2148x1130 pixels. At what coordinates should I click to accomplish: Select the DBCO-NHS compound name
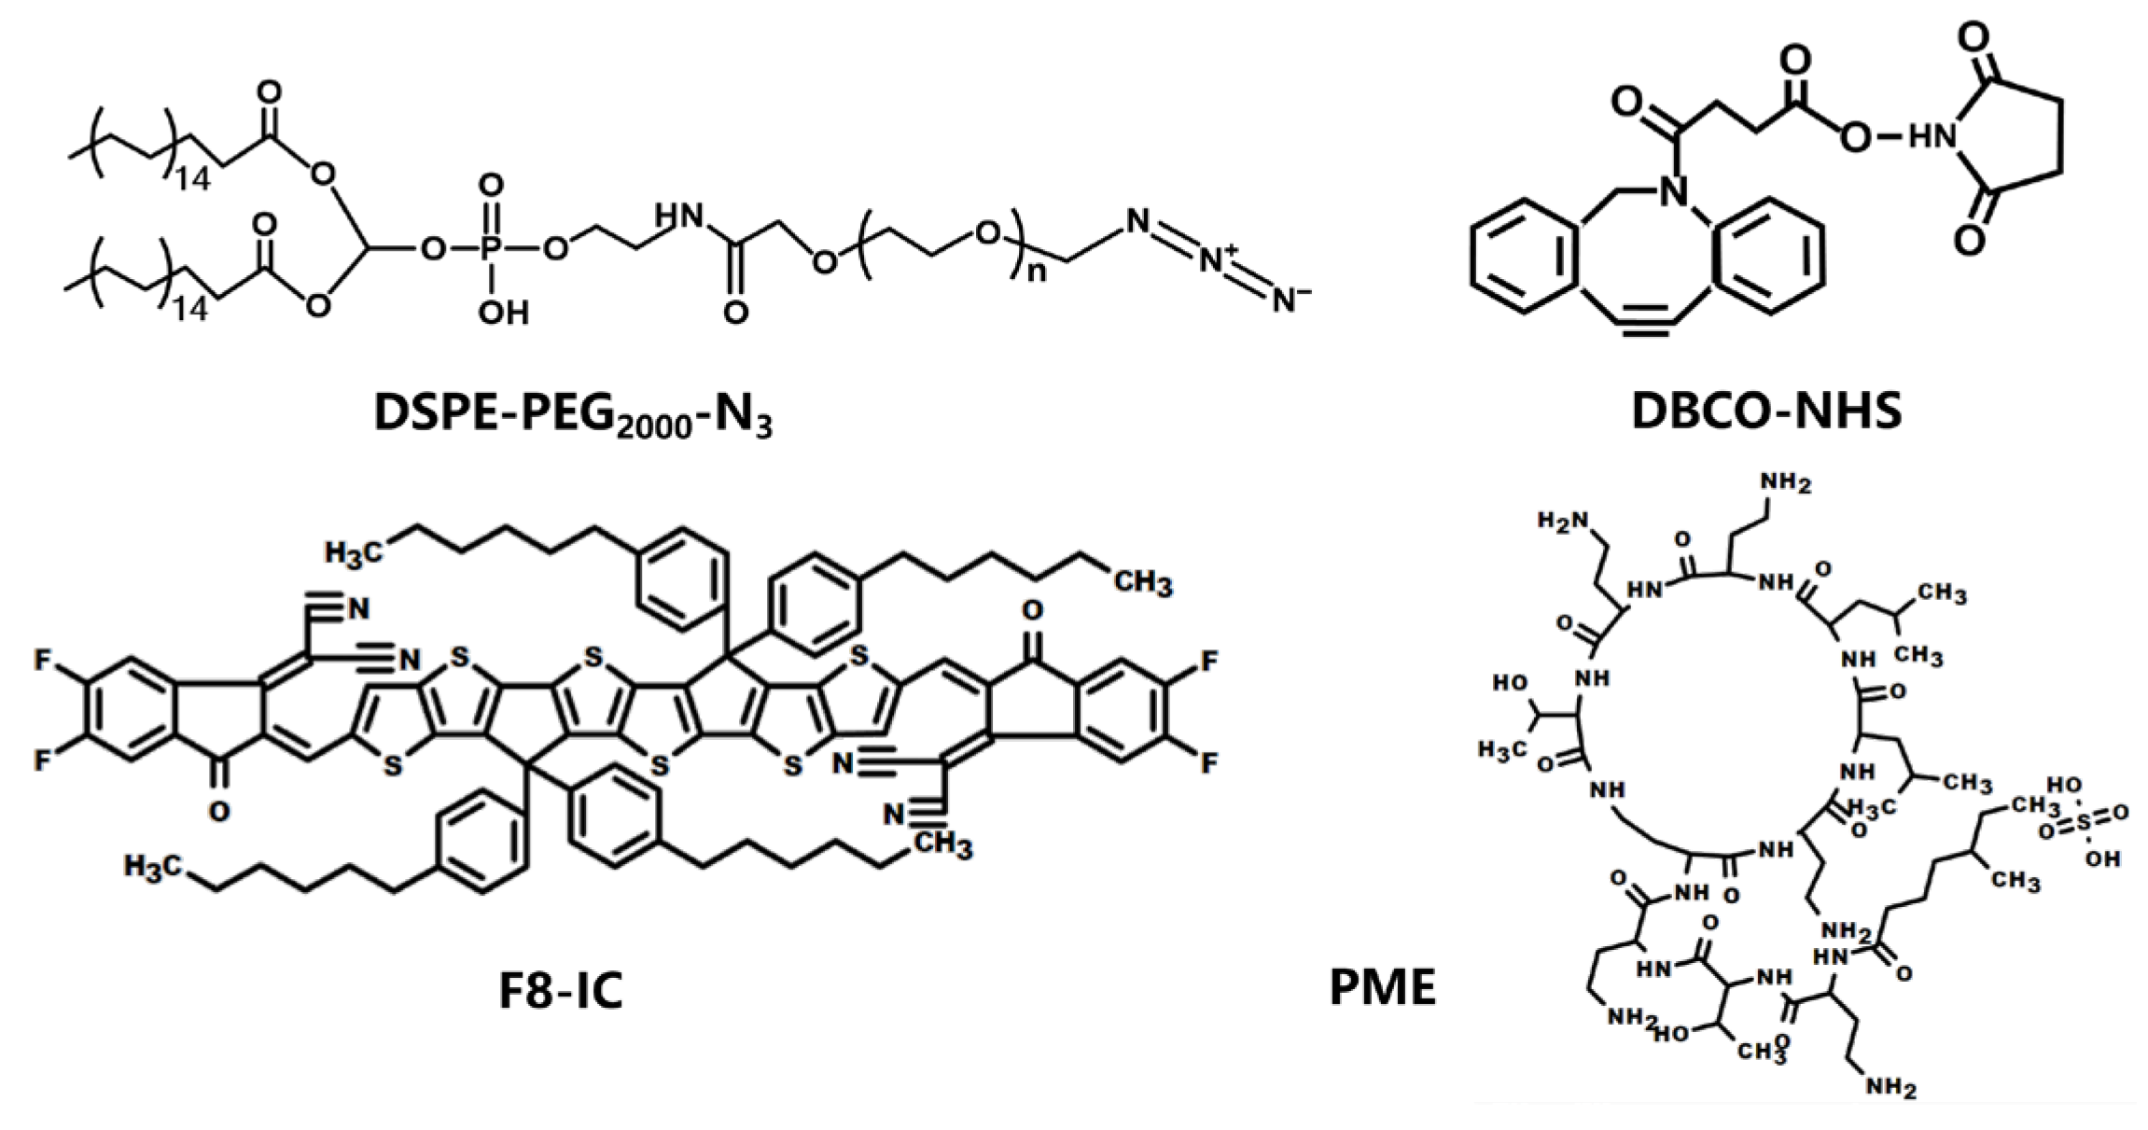[x=1766, y=411]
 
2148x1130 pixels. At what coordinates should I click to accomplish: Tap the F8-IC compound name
[x=561, y=990]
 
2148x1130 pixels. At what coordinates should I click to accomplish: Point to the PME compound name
[x=1382, y=987]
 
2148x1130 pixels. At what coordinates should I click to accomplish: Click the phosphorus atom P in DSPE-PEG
[x=492, y=248]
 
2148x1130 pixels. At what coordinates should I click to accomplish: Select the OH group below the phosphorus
[x=503, y=313]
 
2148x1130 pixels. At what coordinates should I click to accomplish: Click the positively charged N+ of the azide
[x=1216, y=260]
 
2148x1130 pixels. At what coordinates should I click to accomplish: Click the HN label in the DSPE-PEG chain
[x=678, y=217]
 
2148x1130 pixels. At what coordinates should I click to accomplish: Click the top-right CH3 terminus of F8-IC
[x=1143, y=584]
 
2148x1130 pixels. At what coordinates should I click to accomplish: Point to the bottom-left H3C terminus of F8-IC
[x=152, y=867]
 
